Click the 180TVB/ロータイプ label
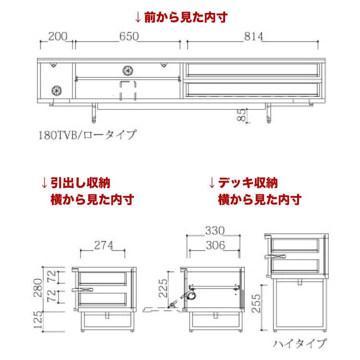[87, 134]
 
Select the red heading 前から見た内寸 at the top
[180, 17]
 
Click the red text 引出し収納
[81, 183]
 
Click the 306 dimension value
[215, 245]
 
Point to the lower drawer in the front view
[252, 89]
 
